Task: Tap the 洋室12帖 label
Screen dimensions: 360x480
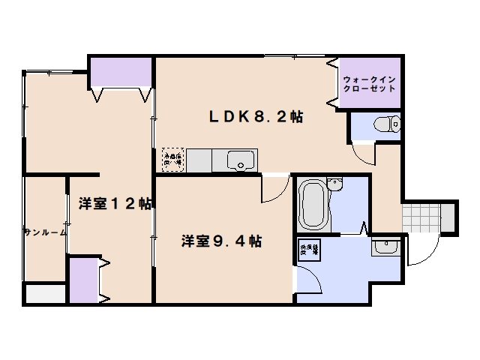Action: point(115,203)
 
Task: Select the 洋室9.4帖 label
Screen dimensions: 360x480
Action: point(221,241)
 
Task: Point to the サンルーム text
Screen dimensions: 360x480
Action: point(45,232)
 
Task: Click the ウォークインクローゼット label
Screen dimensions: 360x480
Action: point(368,83)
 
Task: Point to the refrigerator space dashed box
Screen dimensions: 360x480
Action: point(173,156)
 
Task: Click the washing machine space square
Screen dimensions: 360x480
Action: point(310,251)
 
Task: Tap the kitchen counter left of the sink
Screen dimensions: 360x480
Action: point(199,160)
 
